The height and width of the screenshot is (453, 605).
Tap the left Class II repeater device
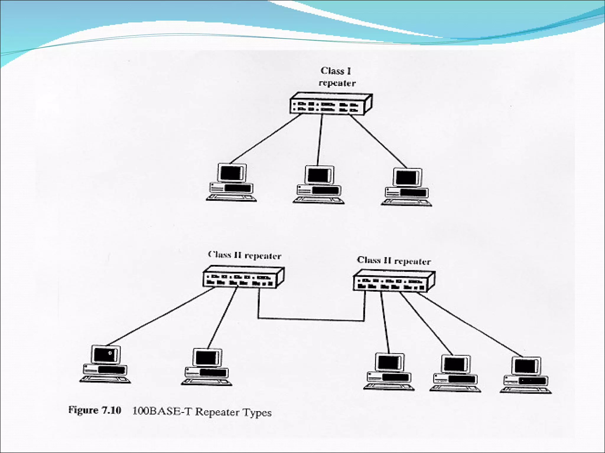click(243, 277)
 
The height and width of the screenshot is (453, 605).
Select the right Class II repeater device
click(393, 281)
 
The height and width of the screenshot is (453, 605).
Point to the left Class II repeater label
click(245, 255)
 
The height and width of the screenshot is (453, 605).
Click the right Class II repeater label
click(393, 261)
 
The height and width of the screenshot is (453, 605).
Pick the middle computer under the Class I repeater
click(318, 185)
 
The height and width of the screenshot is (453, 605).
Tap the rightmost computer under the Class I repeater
click(406, 187)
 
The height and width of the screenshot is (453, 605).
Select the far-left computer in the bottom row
click(105, 364)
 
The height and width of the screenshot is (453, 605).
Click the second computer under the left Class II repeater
click(207, 367)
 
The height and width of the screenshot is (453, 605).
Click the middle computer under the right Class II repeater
click(455, 373)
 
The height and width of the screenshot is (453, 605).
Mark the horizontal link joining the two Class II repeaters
click(311, 319)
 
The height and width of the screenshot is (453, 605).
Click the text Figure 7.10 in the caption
click(95, 410)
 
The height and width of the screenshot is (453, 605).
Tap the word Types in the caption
click(257, 412)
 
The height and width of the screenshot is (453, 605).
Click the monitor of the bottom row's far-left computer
click(106, 354)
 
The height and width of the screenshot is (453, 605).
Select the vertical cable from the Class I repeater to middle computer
click(320, 140)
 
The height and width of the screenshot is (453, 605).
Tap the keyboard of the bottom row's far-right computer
click(526, 390)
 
